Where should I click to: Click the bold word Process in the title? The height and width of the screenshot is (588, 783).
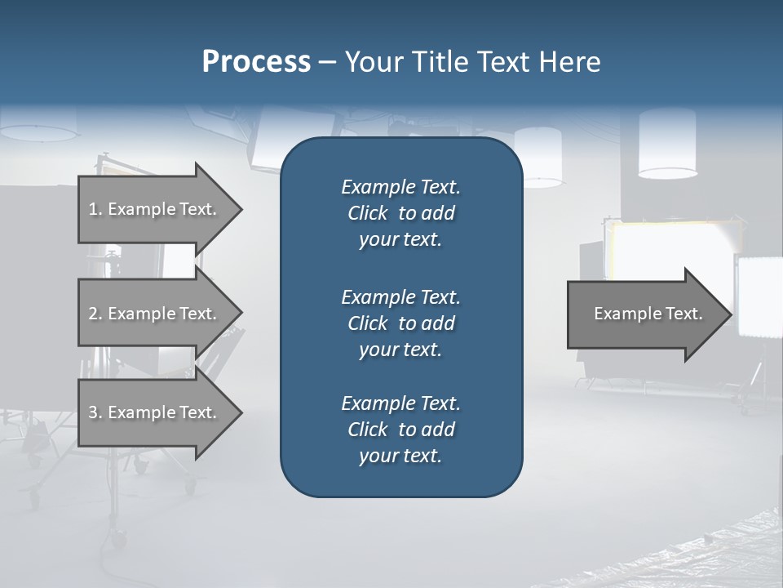click(256, 62)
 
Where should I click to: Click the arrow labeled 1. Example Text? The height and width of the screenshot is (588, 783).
click(153, 209)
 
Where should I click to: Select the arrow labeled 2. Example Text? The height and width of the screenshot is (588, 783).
click(153, 314)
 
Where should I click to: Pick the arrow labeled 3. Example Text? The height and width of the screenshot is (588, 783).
click(153, 412)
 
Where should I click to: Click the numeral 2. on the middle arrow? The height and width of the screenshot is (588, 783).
click(95, 314)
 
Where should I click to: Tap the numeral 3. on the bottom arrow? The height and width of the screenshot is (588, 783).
click(95, 412)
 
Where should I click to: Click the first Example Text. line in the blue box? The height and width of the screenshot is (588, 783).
click(400, 187)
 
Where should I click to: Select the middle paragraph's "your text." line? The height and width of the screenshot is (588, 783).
click(400, 350)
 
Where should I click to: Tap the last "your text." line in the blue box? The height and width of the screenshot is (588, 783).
click(400, 457)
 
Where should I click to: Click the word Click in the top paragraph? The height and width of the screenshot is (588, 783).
click(367, 213)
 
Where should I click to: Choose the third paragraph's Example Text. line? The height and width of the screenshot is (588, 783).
click(400, 403)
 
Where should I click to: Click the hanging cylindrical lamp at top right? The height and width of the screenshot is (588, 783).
click(667, 144)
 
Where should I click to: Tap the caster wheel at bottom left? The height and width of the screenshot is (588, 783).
click(119, 539)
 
